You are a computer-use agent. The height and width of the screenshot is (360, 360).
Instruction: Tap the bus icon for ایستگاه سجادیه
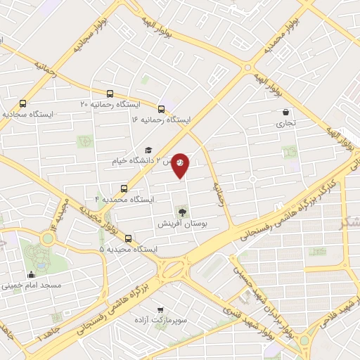point(23,103)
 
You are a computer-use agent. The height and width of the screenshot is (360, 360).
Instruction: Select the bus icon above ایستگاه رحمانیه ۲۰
point(109,94)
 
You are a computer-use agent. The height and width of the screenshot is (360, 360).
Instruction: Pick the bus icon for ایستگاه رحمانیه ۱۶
point(161,109)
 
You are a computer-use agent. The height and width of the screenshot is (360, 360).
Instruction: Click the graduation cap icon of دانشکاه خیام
point(148,150)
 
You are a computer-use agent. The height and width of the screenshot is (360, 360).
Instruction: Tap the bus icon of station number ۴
point(124,188)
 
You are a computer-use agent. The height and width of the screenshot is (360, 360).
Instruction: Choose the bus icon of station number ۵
point(128,238)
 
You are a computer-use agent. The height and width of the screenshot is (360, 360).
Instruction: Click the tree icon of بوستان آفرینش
point(183,210)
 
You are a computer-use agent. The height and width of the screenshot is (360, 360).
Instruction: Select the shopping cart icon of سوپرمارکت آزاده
point(161,309)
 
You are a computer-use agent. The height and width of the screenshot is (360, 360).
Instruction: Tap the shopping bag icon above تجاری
point(285,112)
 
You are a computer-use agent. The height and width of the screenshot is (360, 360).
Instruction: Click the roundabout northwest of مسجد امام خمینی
point(47,239)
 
